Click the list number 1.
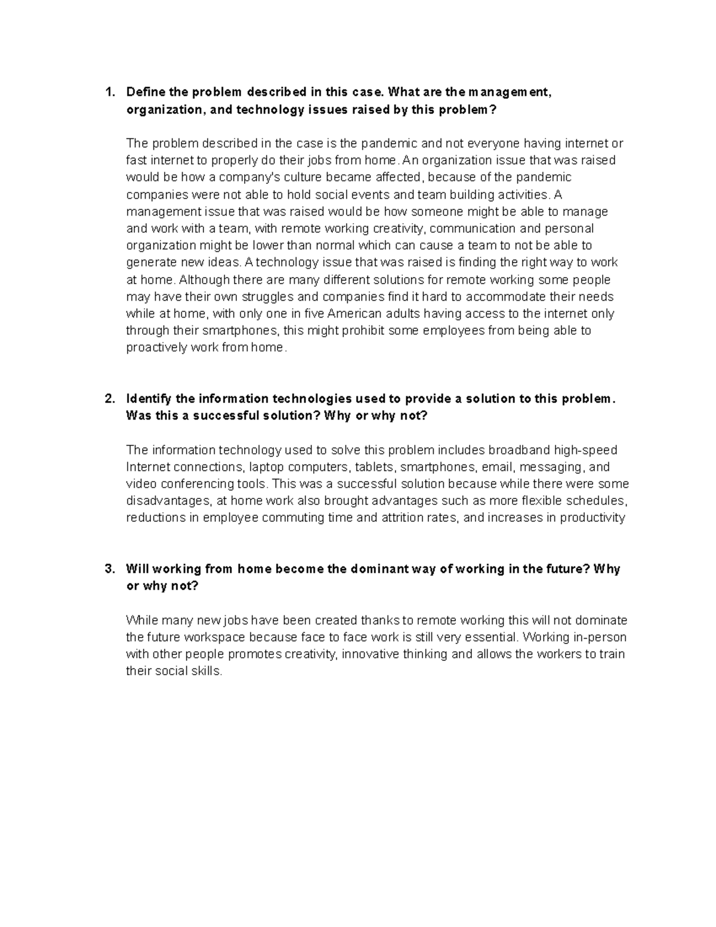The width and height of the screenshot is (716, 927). click(x=108, y=93)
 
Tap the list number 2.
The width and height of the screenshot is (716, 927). click(x=108, y=399)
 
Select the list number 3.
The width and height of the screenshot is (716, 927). click(x=108, y=569)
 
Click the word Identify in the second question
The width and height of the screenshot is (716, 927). click(x=149, y=399)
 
